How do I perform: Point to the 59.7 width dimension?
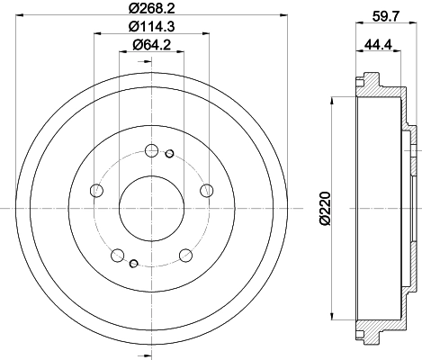(384, 13)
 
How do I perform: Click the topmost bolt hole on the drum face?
(152, 150)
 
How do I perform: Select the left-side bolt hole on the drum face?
(97, 190)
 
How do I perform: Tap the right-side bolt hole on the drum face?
(207, 189)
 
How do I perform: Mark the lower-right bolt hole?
(186, 254)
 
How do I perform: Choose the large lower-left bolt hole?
(118, 254)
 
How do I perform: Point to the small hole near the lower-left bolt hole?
(133, 263)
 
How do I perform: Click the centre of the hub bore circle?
(152, 208)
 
